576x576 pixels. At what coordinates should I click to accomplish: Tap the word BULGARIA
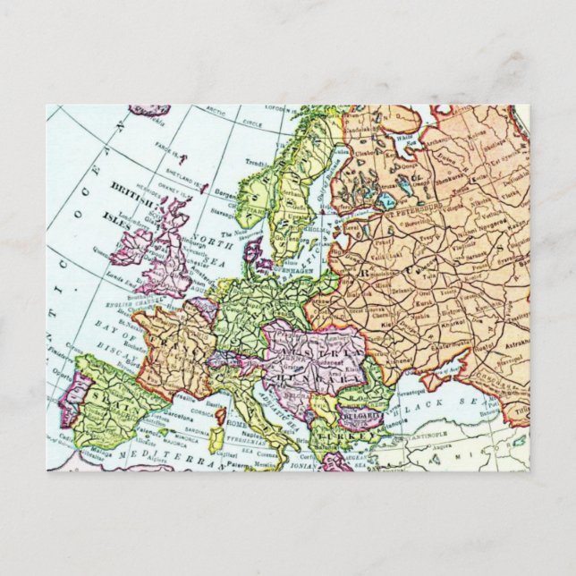pyautogui.click(x=360, y=417)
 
